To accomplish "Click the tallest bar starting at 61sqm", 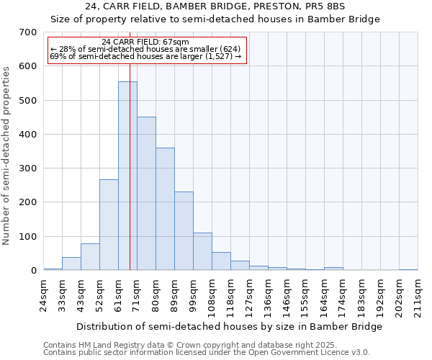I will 127,176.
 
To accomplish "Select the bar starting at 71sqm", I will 146,193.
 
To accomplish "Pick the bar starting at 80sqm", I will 165,209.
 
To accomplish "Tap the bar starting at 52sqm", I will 109,225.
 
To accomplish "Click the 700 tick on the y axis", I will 28,32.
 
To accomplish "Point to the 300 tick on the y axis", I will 28,168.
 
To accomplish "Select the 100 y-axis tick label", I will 28,237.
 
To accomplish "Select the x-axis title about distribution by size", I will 229,326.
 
